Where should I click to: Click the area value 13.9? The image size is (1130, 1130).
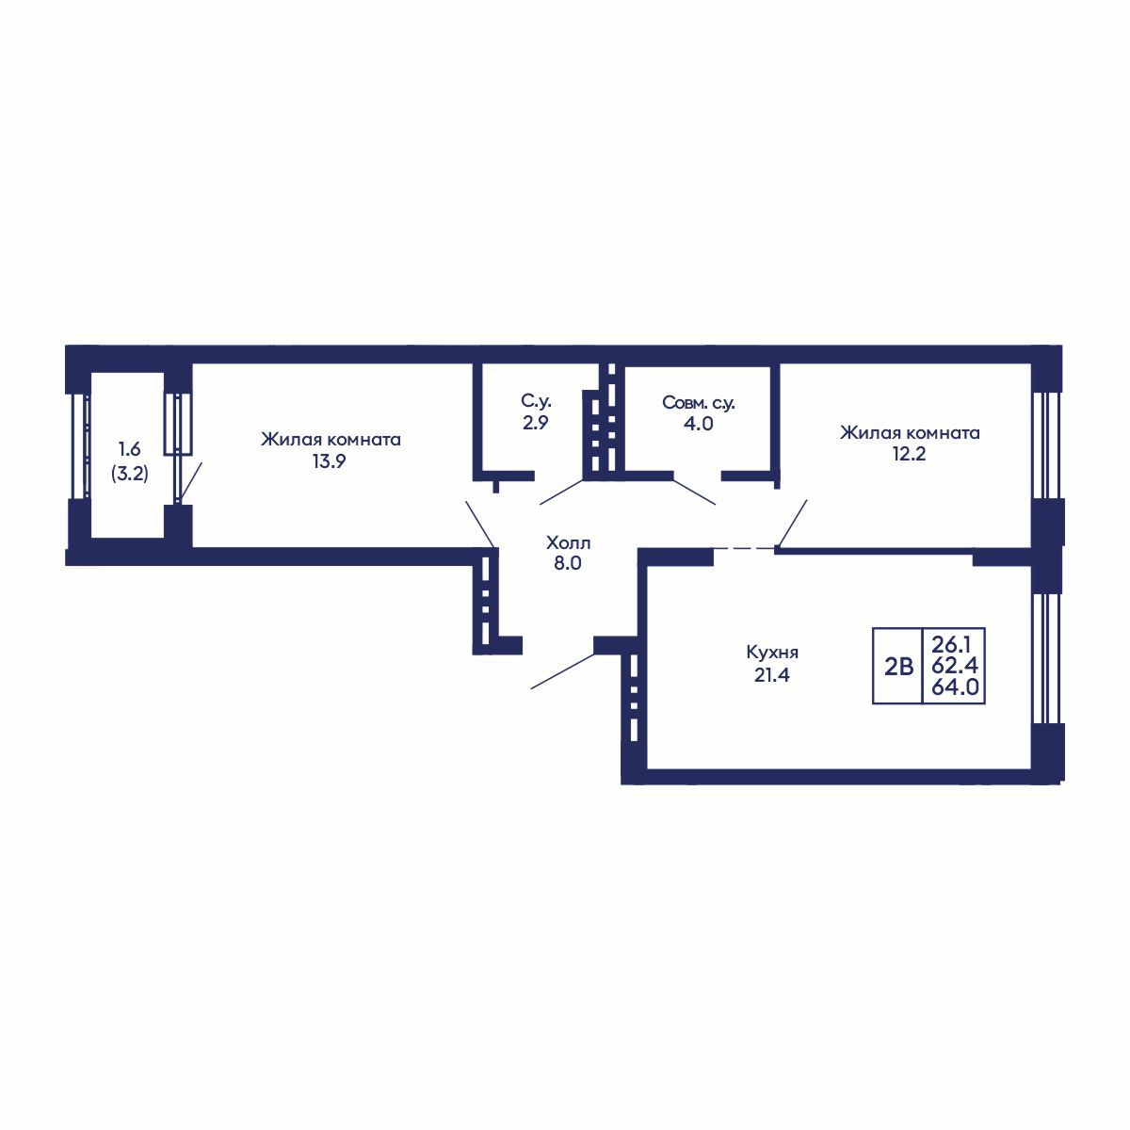coord(329,461)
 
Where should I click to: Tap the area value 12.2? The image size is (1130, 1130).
coord(909,454)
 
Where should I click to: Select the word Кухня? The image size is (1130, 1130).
coord(772,652)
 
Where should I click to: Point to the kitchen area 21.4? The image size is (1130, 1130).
coord(772,675)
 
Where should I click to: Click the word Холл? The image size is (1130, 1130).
coord(568,542)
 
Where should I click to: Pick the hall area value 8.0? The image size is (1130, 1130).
coord(568,563)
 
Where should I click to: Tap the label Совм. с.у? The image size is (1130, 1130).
coord(699,403)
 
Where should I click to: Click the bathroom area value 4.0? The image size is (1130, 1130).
coord(699,423)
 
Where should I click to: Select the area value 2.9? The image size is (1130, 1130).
coord(536,422)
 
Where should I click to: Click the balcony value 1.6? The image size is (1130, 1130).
coord(130,450)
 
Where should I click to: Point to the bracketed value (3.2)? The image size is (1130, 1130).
coord(130,474)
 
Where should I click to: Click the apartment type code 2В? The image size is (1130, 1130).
coord(899,667)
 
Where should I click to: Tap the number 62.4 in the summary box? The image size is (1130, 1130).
coord(955,666)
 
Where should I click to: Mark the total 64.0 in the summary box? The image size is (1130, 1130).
coord(955,686)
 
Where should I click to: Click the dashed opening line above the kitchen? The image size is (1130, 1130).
coord(744,548)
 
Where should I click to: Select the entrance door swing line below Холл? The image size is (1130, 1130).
coord(562,670)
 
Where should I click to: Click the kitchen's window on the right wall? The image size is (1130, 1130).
coord(1045,658)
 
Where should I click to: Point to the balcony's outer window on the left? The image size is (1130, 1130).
coord(79,445)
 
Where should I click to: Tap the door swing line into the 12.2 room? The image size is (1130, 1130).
coord(792,523)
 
